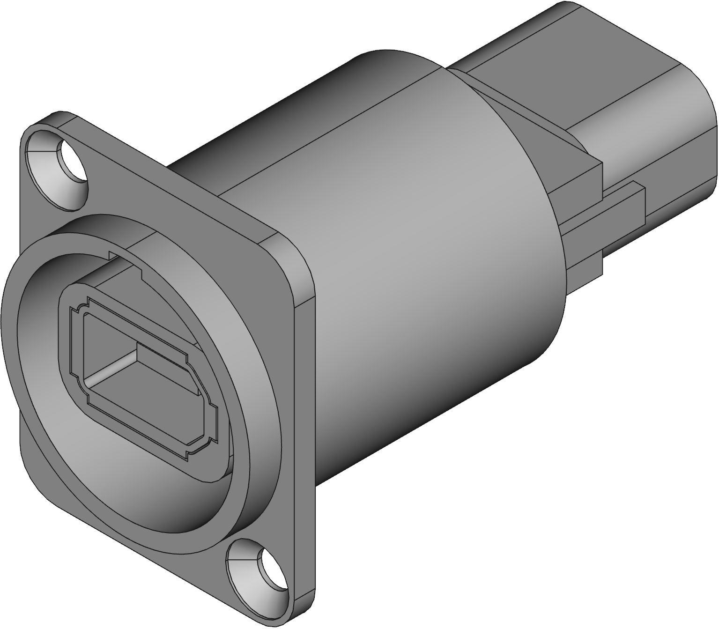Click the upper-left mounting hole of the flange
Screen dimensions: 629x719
pyautogui.click(x=73, y=162)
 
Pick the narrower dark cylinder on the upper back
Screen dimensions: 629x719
pyautogui.click(x=281, y=117)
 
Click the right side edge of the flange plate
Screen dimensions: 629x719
pyautogui.click(x=304, y=398)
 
